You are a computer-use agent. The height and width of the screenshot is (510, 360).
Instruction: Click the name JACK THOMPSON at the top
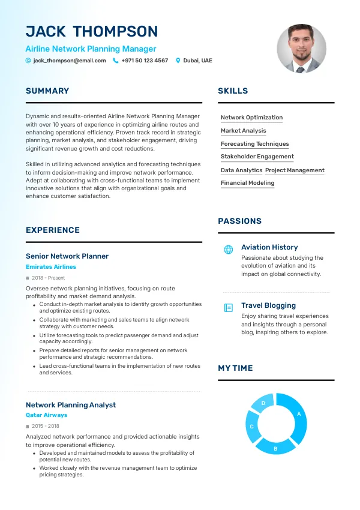click(x=92, y=31)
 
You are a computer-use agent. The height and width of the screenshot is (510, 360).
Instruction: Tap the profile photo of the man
click(x=301, y=49)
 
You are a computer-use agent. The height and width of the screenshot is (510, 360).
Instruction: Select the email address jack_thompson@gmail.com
click(x=70, y=61)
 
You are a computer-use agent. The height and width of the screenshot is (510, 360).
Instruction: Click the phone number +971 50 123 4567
click(x=145, y=61)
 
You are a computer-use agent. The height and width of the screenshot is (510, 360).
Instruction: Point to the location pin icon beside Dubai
click(x=178, y=61)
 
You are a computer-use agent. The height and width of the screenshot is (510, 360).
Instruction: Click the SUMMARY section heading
click(x=47, y=91)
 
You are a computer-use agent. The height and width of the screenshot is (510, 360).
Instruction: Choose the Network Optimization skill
click(x=251, y=118)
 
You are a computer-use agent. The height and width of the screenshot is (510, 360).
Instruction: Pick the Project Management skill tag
click(x=295, y=170)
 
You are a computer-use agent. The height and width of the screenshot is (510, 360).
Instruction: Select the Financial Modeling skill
click(x=247, y=183)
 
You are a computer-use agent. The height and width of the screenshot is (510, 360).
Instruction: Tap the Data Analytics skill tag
click(x=241, y=170)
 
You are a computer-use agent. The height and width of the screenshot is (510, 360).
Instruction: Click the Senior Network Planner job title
click(x=67, y=256)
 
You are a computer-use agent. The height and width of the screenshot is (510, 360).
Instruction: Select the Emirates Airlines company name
click(x=51, y=267)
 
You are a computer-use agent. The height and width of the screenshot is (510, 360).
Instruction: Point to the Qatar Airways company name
click(x=46, y=415)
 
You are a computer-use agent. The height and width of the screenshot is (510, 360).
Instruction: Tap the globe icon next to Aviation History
click(x=228, y=250)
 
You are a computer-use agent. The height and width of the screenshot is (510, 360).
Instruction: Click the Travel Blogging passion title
click(x=268, y=305)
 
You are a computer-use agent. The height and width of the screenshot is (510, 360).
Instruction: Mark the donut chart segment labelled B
click(x=275, y=448)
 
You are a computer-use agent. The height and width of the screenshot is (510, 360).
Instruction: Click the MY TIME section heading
click(x=235, y=368)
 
